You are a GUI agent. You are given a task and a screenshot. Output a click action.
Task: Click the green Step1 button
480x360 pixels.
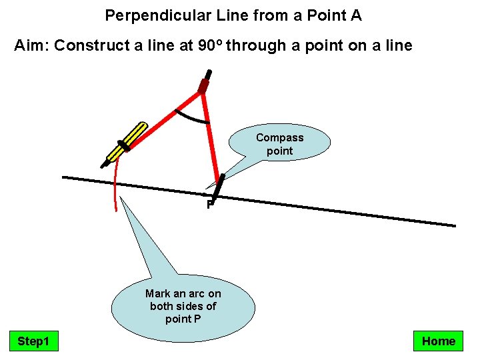(33, 341)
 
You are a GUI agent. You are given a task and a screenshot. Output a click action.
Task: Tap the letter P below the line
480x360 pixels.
(209, 205)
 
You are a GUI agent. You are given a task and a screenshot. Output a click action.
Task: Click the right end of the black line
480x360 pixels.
(453, 225)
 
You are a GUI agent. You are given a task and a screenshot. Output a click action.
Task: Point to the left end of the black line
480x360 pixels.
(64, 177)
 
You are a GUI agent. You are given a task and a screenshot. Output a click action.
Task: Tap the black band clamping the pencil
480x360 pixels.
(123, 146)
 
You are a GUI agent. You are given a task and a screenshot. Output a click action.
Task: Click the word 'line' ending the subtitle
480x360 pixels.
(399, 46)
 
